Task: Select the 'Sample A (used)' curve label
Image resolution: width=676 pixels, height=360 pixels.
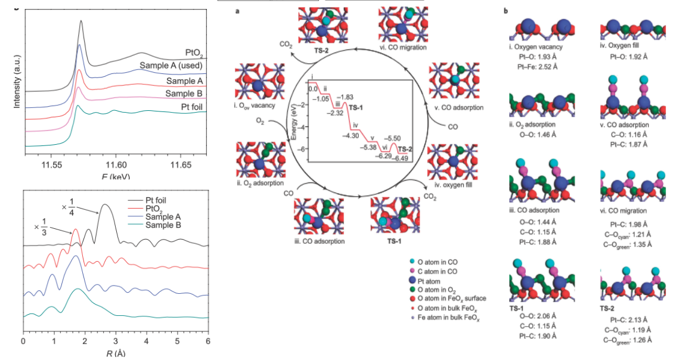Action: click(x=171, y=65)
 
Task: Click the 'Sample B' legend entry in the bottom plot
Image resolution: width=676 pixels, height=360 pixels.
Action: click(x=161, y=225)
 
